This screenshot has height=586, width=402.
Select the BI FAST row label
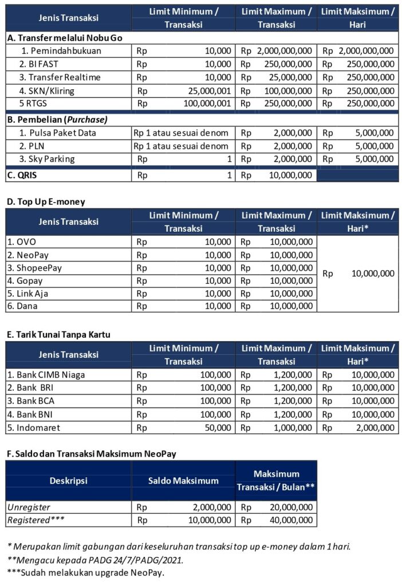click(43, 64)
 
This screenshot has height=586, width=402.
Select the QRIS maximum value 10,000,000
click(291, 175)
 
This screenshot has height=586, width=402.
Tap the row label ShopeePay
click(34, 268)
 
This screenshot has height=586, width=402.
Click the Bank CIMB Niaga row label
click(42, 375)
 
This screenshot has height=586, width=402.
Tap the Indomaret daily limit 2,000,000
click(373, 427)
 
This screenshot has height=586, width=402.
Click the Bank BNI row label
click(31, 414)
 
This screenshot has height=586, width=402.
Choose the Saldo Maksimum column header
click(183, 481)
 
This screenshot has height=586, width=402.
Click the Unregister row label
click(29, 507)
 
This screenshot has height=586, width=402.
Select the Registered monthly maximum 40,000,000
click(291, 520)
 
